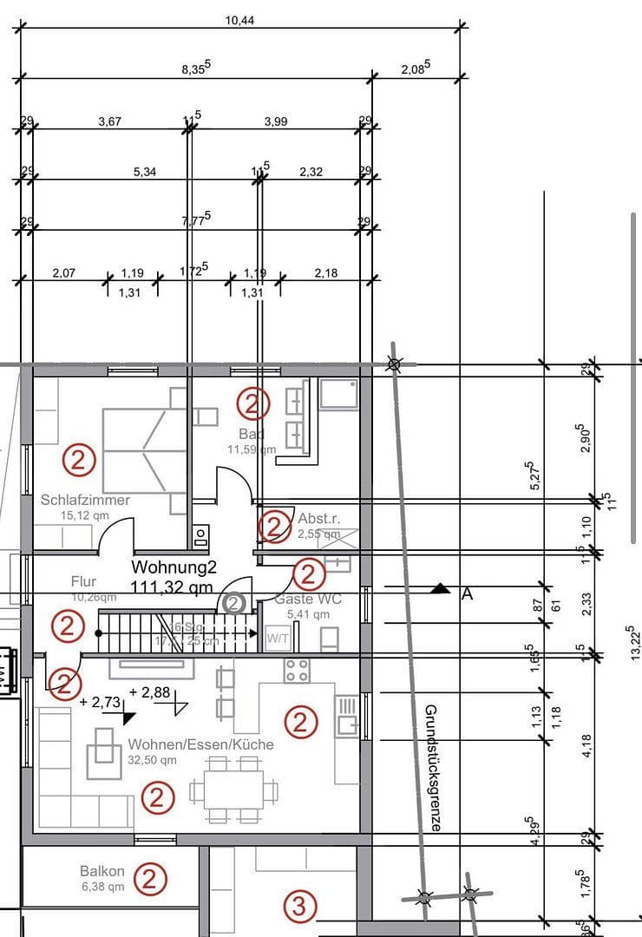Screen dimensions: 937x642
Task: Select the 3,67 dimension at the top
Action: point(109,121)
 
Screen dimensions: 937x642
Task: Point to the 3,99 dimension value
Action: point(275,121)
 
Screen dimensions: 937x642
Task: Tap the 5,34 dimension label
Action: point(145,172)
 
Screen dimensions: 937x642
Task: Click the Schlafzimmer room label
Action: point(85,500)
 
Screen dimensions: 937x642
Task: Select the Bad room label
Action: point(252,433)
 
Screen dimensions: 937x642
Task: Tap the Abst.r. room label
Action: point(319,518)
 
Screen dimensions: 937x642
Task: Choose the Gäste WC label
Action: point(307,599)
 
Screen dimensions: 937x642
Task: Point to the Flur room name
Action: point(83,581)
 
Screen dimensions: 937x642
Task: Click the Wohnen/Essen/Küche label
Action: point(200,744)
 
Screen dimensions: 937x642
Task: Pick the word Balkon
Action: point(102,871)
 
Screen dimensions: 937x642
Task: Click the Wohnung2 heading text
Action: point(174,567)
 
